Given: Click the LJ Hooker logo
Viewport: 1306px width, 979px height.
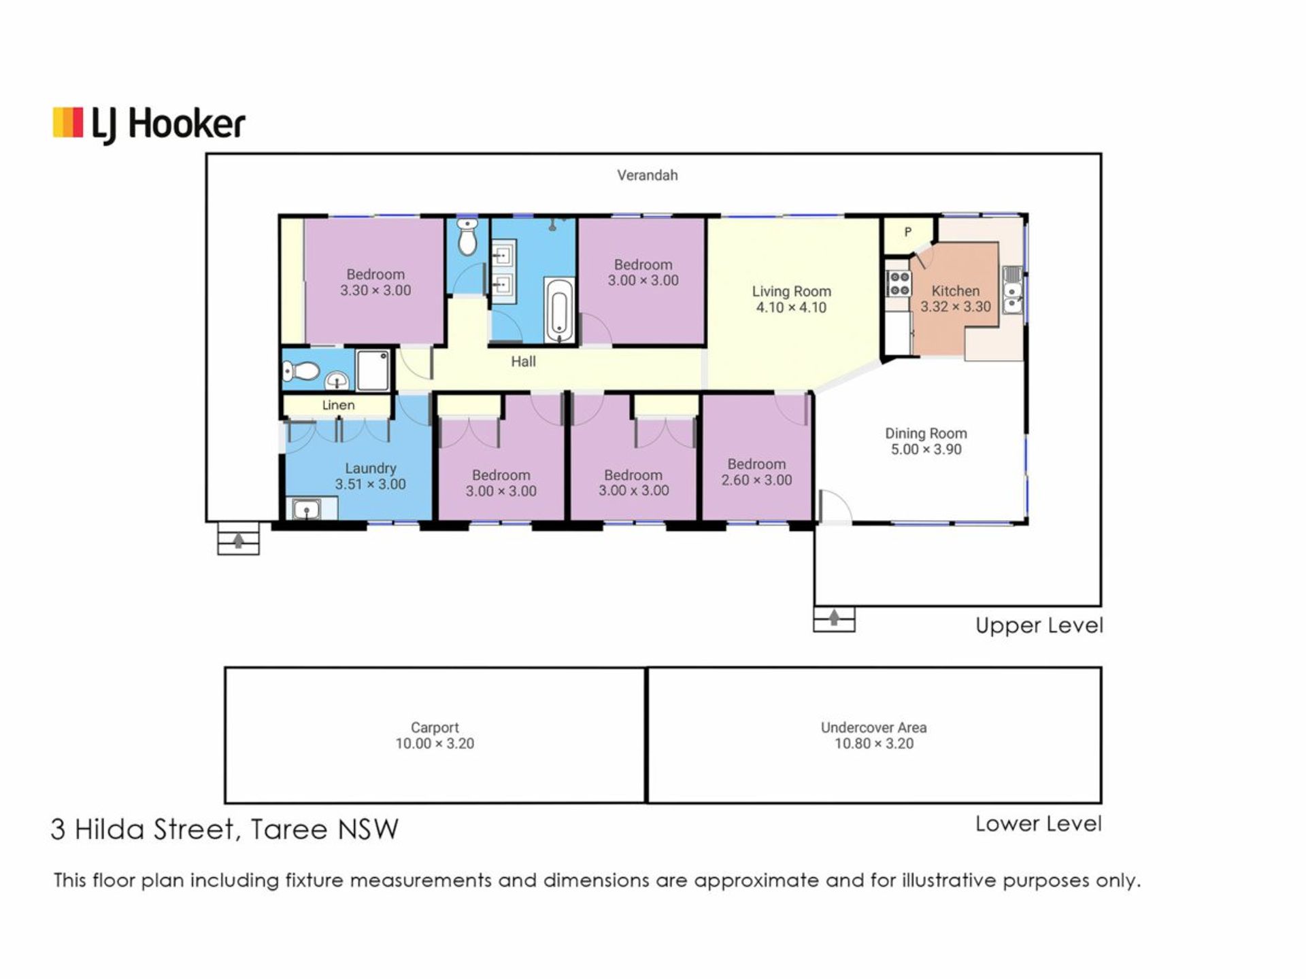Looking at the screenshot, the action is pos(149,125).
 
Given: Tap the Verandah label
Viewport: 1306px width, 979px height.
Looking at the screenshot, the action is pos(647,175).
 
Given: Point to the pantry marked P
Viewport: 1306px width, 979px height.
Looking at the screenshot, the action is pos(907,233).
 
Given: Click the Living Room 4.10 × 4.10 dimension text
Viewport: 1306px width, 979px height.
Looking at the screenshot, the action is pos(791,307).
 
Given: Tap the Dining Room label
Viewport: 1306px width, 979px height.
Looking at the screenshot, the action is pos(926,433).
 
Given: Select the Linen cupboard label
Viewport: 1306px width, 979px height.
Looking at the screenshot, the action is pos(338,405).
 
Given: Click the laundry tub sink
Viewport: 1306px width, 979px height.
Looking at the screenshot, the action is pos(307,509).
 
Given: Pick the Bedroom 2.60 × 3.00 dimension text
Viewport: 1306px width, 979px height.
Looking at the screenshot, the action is pos(756,480).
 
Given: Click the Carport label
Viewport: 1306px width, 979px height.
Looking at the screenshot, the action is pos(435,727).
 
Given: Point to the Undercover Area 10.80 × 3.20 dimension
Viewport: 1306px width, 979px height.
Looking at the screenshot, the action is pos(874,744).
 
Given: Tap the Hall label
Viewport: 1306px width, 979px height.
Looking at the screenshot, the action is pos(523,362).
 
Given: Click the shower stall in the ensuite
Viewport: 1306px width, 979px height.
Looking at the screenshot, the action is pos(373,370).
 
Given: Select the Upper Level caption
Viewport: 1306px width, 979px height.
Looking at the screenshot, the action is pos(1039,625).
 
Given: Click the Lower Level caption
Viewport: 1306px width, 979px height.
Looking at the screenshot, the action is pos(1038,824).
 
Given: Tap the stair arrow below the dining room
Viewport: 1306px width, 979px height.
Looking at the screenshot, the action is pos(834,617).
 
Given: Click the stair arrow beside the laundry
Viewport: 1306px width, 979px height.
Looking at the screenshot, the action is pos(238,540).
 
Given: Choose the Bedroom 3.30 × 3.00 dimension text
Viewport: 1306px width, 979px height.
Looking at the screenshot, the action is pos(375,290).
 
